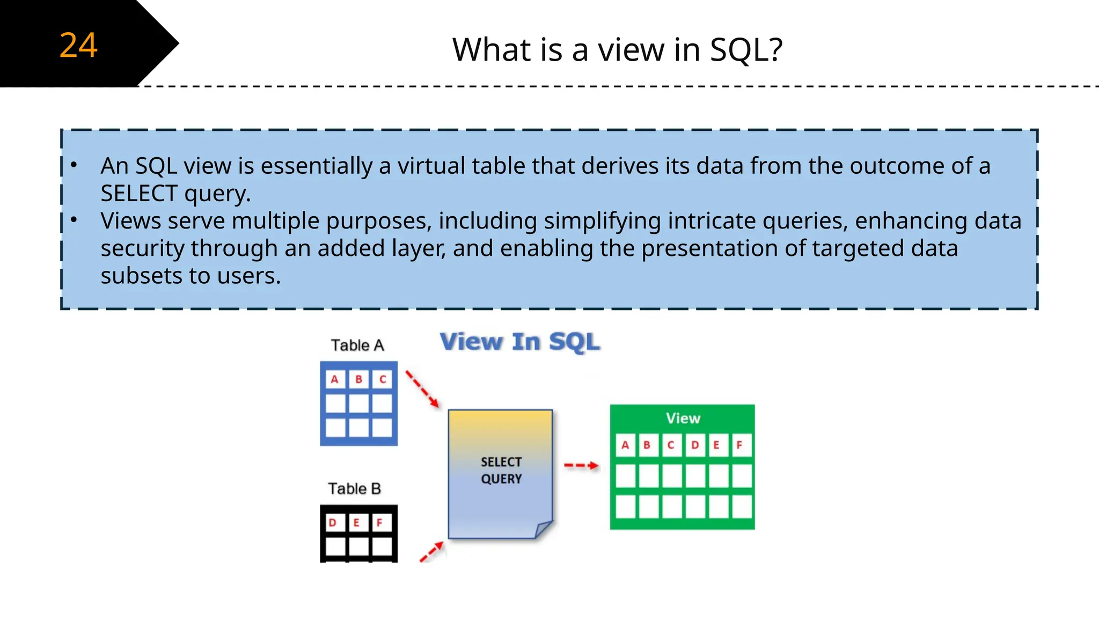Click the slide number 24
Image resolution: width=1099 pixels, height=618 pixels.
78,45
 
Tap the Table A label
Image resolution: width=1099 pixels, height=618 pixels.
357,345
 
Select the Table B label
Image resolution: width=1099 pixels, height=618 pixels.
355,489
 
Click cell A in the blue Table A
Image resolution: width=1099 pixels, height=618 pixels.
335,380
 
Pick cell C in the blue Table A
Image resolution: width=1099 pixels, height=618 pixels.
383,380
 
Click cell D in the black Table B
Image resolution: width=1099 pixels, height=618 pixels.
333,523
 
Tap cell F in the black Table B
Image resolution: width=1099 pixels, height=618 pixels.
380,523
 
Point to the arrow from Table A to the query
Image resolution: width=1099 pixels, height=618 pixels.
422,388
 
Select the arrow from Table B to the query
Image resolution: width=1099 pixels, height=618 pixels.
432,551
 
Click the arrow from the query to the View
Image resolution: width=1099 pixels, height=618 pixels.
581,465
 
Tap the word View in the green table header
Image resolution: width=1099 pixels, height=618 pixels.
683,418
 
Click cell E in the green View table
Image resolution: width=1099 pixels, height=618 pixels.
716,445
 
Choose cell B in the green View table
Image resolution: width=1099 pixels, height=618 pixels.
647,445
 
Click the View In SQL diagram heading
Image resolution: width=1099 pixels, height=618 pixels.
519,342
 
